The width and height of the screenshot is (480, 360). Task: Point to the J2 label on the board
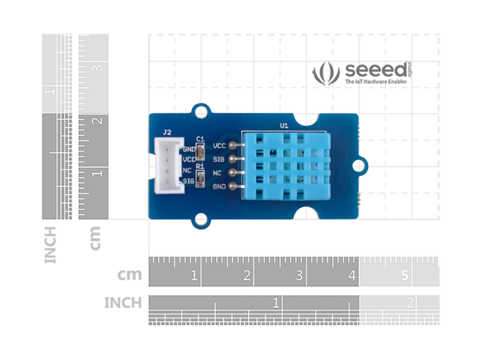[x=167, y=132]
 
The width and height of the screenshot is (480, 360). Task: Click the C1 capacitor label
[x=200, y=138]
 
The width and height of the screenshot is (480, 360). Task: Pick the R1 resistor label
[x=200, y=166]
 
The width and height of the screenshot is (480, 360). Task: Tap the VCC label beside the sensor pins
[x=219, y=146]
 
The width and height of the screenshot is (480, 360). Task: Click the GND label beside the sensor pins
[x=219, y=186]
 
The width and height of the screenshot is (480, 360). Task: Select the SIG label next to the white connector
[x=189, y=182]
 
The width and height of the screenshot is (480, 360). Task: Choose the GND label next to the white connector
[x=189, y=149]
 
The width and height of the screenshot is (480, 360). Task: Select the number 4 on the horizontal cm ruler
[x=352, y=276]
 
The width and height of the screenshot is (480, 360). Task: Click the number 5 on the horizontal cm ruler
[x=405, y=276]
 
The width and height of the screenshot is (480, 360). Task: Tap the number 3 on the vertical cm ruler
[x=98, y=69]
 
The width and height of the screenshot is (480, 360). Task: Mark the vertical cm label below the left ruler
[x=94, y=238]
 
